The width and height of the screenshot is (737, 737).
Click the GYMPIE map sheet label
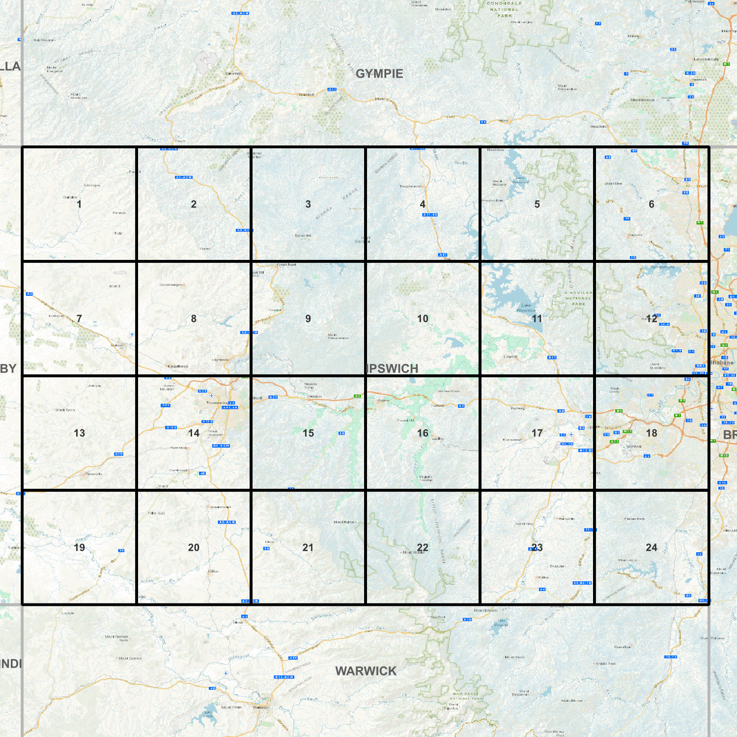coord(379,74)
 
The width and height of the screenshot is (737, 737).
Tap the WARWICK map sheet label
coord(366,671)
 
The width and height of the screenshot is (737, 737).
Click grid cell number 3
coord(308,204)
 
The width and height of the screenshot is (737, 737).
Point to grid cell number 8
coord(194,318)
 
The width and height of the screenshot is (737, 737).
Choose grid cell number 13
coord(79,433)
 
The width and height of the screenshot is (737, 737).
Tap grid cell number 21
coord(308,547)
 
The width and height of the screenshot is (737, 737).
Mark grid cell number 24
coord(652,547)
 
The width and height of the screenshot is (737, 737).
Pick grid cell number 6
coord(652,204)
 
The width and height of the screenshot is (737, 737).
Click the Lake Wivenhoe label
coord(526,308)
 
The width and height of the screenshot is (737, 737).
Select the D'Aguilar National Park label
coord(579,298)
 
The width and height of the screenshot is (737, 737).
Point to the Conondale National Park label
coord(504,9)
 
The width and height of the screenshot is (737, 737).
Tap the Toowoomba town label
coord(217,403)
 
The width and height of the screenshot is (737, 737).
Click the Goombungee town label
coord(171,284)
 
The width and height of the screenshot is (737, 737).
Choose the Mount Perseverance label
coord(338,337)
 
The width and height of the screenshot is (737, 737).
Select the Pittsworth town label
coord(94,474)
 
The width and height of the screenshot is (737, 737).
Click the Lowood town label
coord(510,357)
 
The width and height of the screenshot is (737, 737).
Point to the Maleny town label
coord(634,36)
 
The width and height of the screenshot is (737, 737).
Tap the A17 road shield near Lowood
coord(552,358)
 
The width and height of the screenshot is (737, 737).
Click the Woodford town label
coord(597,126)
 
